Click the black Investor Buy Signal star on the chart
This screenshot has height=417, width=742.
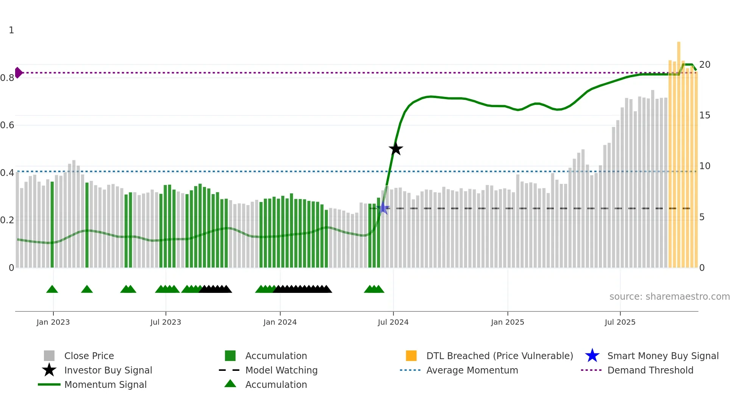396,149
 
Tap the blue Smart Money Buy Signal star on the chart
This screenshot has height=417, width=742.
383,208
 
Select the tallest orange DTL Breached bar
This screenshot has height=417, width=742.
679,151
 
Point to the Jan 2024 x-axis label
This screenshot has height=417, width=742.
280,322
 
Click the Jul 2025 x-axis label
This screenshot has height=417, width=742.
620,322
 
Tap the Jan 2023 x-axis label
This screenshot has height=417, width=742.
53,322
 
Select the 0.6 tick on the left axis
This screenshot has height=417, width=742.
7,125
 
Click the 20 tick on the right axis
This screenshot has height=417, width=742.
705,65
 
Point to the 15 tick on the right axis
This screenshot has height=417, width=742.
705,115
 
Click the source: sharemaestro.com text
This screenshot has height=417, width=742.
669,297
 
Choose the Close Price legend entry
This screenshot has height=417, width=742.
89,356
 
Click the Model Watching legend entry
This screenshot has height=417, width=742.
281,370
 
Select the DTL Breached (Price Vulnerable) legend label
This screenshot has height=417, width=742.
499,356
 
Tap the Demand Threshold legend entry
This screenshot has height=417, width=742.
650,370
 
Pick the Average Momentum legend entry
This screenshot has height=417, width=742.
472,370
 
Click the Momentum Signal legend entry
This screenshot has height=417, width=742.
105,384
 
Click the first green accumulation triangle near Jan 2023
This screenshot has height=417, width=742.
52,289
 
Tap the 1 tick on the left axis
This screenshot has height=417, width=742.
11,30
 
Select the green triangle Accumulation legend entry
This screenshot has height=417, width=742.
276,384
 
